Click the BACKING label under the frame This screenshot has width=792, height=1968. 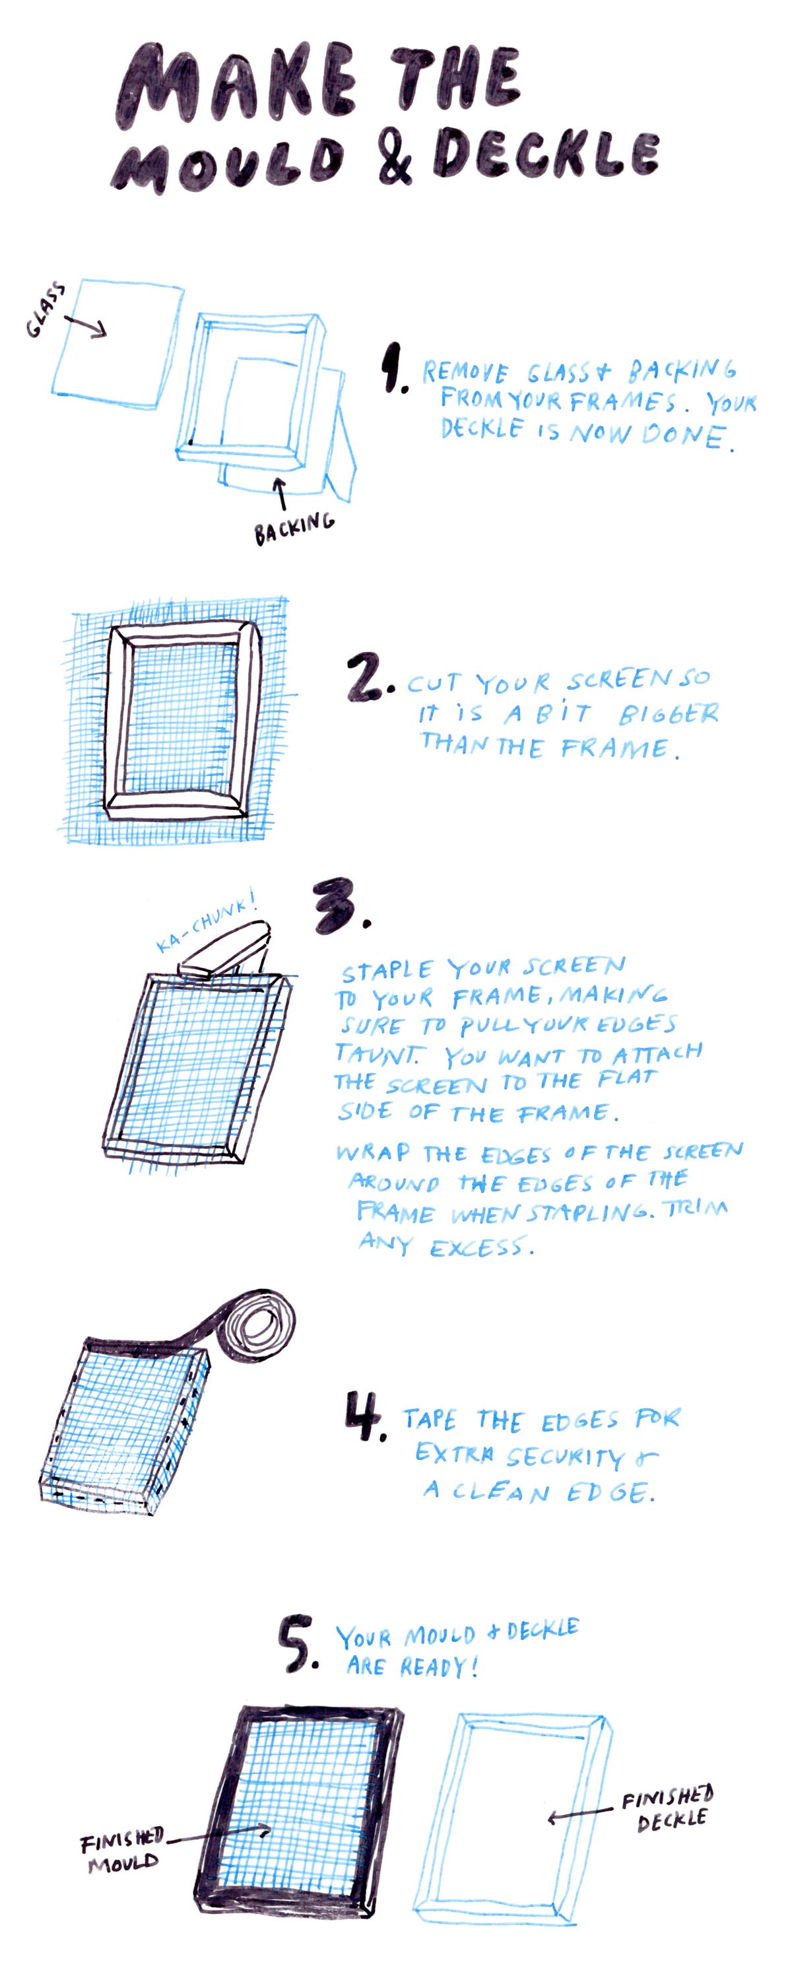(x=294, y=527)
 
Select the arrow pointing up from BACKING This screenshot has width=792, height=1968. (x=280, y=494)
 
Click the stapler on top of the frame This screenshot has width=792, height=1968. (x=223, y=949)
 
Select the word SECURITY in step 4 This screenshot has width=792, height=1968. (x=565, y=1457)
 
